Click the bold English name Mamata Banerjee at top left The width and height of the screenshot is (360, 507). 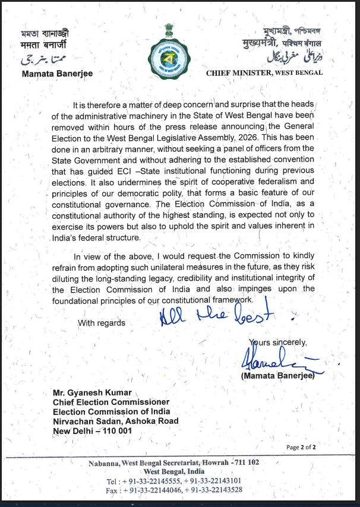click(57, 74)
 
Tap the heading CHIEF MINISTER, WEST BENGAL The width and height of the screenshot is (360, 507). click(264, 73)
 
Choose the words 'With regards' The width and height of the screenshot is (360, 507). click(102, 323)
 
